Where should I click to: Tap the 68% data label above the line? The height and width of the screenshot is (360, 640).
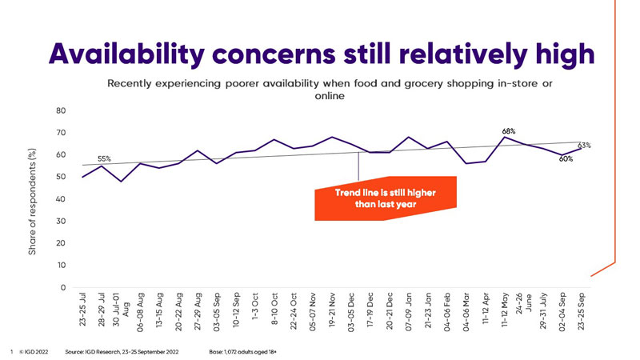tap(508, 130)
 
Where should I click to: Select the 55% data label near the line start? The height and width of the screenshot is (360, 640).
tap(104, 158)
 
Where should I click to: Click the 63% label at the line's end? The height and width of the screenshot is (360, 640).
tap(584, 145)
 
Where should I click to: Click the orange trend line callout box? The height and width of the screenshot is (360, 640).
tap(386, 198)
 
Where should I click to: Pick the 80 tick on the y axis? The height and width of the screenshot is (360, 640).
tap(61, 110)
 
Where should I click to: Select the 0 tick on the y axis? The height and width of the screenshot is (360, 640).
tap(63, 287)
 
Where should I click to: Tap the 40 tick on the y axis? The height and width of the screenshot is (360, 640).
tap(61, 198)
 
